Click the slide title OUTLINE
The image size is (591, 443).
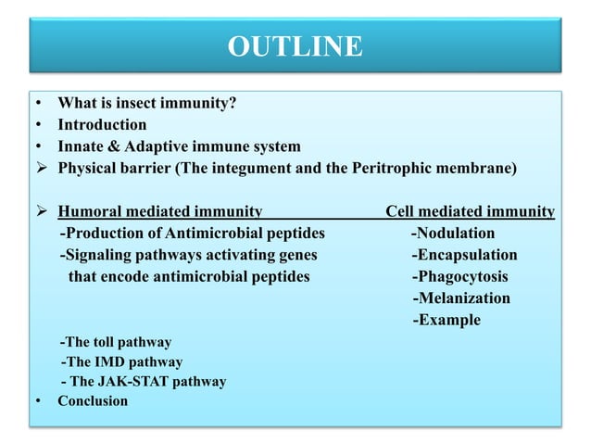[x=295, y=45]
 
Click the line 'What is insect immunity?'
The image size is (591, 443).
[x=146, y=104]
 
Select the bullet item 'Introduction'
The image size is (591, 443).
[x=102, y=125]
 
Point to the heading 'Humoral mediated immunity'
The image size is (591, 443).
[x=160, y=212]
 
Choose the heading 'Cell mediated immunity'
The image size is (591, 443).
[x=470, y=212]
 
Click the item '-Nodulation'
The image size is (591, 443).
[x=453, y=234]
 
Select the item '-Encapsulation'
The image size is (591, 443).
[x=464, y=255]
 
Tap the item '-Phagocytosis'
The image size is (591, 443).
[x=459, y=276]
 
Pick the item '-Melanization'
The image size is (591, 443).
[x=460, y=298]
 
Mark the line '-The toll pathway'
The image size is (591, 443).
[x=115, y=342]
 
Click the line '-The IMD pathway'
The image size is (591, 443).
[x=120, y=362]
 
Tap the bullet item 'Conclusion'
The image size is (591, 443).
[x=93, y=401]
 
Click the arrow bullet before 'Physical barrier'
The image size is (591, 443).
[x=42, y=168]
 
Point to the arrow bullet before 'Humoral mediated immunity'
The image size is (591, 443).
[x=42, y=212]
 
